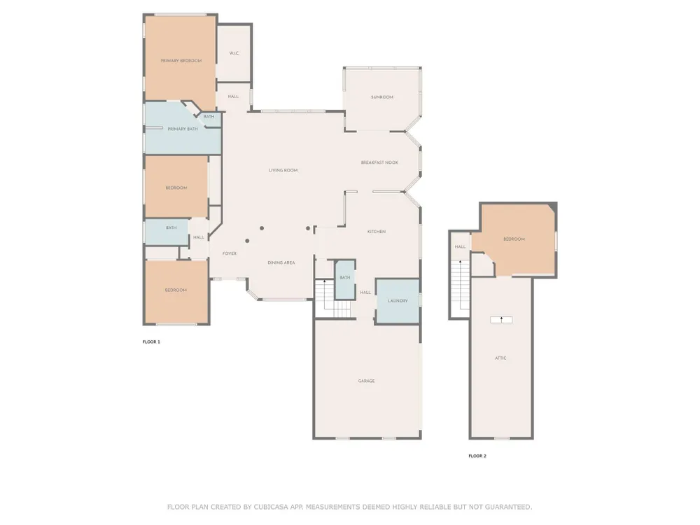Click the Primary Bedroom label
click(181, 61)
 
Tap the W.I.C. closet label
click(234, 53)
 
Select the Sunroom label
click(382, 97)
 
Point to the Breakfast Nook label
click(379, 162)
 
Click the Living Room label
click(283, 170)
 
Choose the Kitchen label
click(377, 232)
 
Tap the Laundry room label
click(398, 301)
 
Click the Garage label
click(367, 381)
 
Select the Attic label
click(501, 358)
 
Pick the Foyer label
click(230, 253)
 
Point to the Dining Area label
click(281, 262)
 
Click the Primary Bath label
click(183, 129)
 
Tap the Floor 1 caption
click(151, 342)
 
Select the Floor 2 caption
click(477, 456)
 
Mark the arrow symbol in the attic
click(501, 319)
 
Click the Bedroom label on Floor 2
click(514, 239)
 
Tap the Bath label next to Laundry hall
click(345, 278)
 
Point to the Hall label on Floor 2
click(461, 247)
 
